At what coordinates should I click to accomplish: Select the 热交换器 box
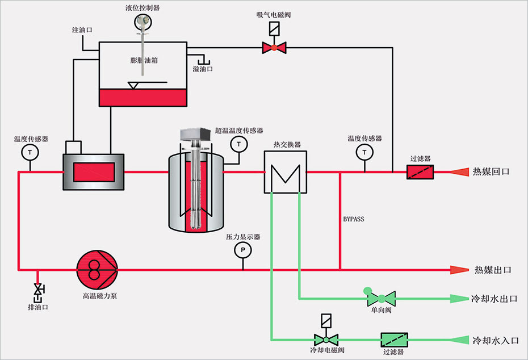286,172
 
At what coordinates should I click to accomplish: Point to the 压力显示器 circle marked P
243,249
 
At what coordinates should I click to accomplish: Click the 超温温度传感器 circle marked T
239,145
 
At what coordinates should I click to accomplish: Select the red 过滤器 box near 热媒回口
420,171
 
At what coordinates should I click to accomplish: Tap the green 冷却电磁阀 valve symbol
326,339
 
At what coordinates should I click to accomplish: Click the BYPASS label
354,219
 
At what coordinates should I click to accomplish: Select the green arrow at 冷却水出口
458,298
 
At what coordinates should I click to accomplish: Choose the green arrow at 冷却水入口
458,340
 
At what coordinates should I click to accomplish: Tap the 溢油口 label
202,69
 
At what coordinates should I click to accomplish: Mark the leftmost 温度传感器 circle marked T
29,152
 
